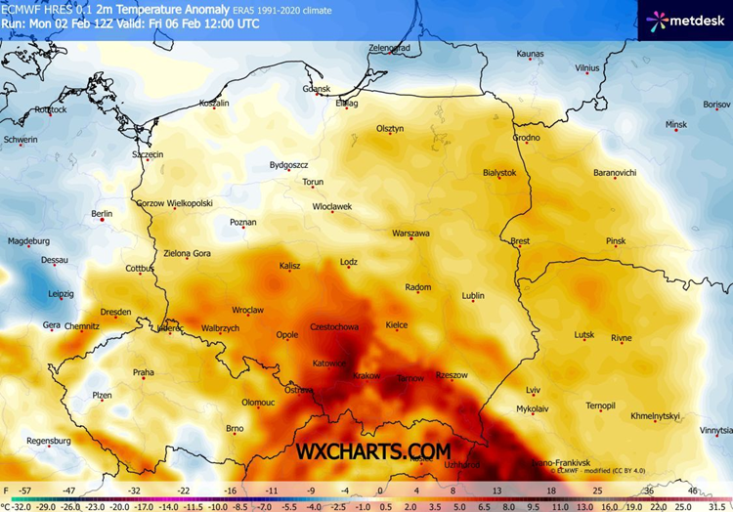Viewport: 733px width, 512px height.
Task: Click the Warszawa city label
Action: pos(410,234)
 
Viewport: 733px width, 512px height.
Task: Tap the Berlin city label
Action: pos(102,213)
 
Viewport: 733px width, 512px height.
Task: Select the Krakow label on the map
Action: pos(366,375)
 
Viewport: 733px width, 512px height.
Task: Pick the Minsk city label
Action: pos(676,125)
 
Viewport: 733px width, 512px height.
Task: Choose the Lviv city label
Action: pos(533,390)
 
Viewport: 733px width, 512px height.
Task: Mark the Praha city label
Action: pos(144,371)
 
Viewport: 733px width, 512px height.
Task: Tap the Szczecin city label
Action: pos(148,154)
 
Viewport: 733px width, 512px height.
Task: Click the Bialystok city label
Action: pos(498,172)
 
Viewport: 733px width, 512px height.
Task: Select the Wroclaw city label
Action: pos(248,310)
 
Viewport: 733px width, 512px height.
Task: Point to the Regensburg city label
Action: pos(50,441)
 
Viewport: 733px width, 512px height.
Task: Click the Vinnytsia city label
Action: pos(715,429)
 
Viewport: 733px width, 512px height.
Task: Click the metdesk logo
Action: pos(684,19)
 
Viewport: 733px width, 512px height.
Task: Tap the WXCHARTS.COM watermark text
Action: pos(374,450)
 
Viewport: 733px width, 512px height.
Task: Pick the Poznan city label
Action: pos(242,223)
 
